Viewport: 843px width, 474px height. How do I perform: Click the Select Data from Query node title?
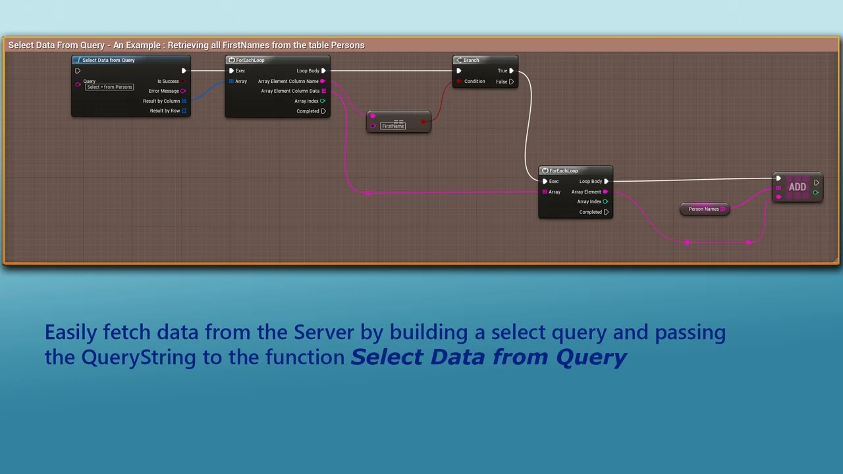point(108,60)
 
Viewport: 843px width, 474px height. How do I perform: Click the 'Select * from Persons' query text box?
point(109,87)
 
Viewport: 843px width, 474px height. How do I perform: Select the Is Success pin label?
point(168,81)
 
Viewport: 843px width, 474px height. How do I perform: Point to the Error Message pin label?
point(163,91)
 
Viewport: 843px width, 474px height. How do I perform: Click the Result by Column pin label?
point(161,101)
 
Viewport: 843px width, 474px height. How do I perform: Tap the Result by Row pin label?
point(165,111)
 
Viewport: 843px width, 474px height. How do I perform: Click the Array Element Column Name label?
point(288,81)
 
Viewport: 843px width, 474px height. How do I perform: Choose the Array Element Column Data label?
point(290,91)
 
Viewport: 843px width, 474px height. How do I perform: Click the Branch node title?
point(471,60)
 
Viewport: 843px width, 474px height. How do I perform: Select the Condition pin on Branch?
point(460,82)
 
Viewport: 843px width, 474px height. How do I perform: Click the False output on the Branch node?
point(511,82)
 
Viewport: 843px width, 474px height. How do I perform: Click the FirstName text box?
point(393,126)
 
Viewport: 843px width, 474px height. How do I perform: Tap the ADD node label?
point(797,187)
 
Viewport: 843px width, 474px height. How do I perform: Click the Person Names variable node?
point(703,209)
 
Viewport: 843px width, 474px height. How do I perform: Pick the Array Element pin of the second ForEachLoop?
point(605,192)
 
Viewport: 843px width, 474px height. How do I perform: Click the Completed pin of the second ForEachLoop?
point(606,212)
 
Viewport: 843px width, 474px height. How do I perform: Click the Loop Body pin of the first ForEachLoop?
point(323,70)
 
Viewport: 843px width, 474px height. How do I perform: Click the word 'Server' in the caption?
point(324,332)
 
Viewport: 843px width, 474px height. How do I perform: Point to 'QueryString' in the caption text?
point(138,357)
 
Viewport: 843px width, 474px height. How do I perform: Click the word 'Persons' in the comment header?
point(347,45)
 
